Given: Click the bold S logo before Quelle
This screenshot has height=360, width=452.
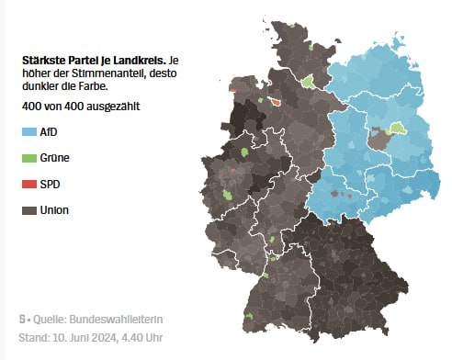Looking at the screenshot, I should coord(22,320).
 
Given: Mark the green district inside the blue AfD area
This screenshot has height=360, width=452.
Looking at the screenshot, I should coord(398,129).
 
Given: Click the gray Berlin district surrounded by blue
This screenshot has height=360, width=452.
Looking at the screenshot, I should coord(378,139).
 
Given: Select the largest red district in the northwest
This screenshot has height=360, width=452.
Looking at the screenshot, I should coord(274,103).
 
